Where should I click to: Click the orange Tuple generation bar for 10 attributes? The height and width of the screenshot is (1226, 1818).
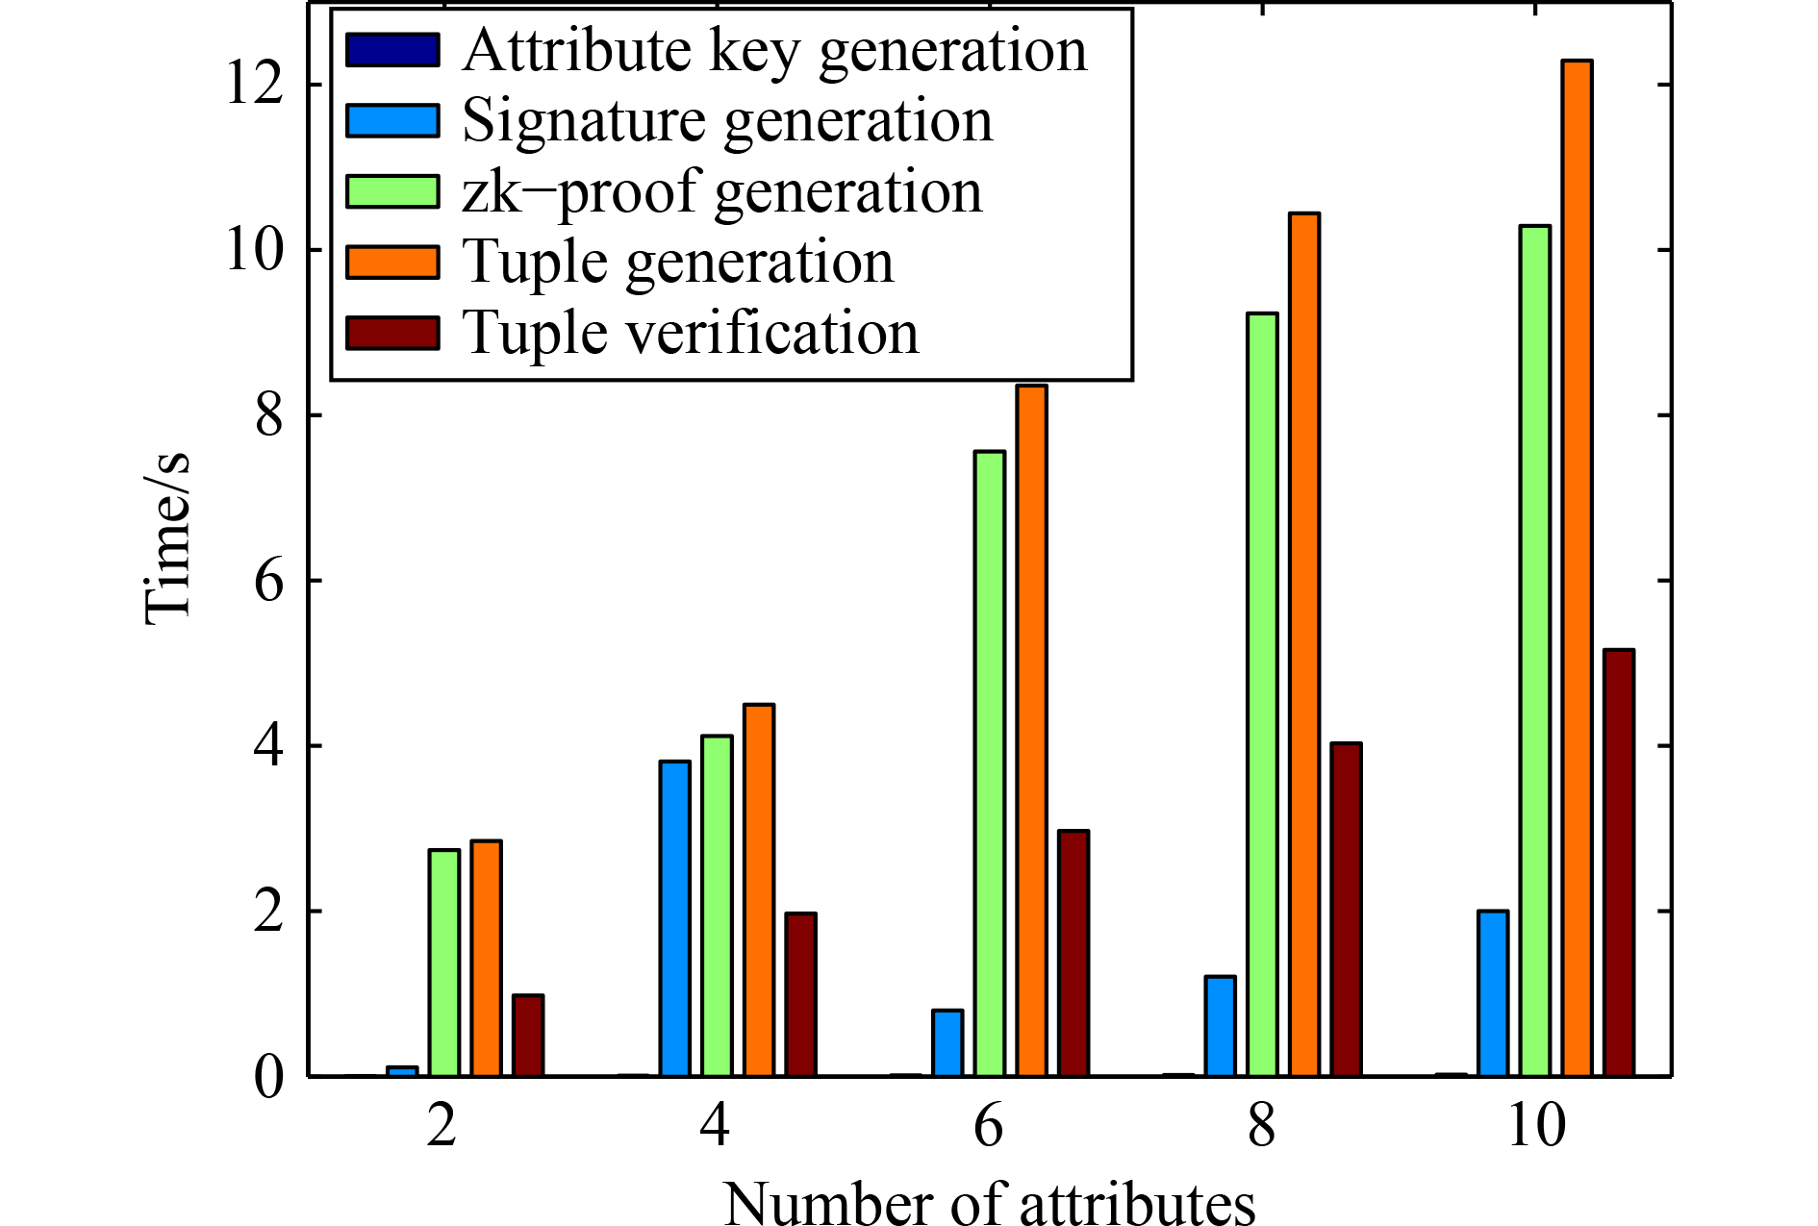click(1577, 567)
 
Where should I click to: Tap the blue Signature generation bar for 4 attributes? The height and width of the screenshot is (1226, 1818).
click(674, 918)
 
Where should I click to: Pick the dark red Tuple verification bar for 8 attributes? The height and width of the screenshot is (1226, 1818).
click(1346, 909)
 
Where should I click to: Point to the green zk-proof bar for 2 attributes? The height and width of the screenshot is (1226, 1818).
click(443, 962)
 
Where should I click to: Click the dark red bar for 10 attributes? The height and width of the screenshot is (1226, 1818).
click(1618, 863)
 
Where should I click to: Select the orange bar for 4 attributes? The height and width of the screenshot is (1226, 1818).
click(758, 889)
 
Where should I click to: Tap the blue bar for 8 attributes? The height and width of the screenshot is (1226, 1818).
click(1220, 1026)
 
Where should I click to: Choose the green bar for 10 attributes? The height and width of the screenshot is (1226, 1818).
click(1534, 650)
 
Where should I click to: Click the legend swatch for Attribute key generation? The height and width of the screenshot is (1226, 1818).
click(392, 50)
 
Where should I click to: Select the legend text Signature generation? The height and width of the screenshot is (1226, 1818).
click(727, 121)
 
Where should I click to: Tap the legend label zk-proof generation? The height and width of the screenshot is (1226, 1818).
click(721, 191)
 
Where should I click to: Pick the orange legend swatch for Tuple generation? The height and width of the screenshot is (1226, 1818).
click(392, 262)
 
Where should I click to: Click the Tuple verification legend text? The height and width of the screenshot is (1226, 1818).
click(690, 333)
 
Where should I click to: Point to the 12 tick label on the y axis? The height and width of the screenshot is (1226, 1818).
click(255, 84)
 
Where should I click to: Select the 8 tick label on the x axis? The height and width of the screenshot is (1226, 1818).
click(1262, 1125)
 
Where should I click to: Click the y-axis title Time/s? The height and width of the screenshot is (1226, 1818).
click(167, 538)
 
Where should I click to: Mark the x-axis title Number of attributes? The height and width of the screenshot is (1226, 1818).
click(989, 1202)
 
